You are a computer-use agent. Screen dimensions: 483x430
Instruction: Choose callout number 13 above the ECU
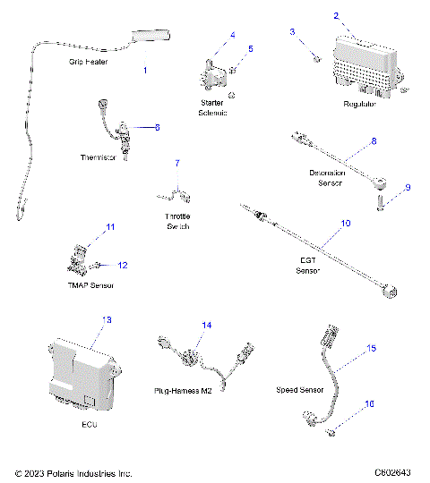pos(107,319)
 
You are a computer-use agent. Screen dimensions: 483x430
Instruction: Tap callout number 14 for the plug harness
pos(207,326)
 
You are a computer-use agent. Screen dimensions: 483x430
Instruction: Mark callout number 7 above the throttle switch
pos(176,163)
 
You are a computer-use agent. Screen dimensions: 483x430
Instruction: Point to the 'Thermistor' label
pos(99,157)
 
